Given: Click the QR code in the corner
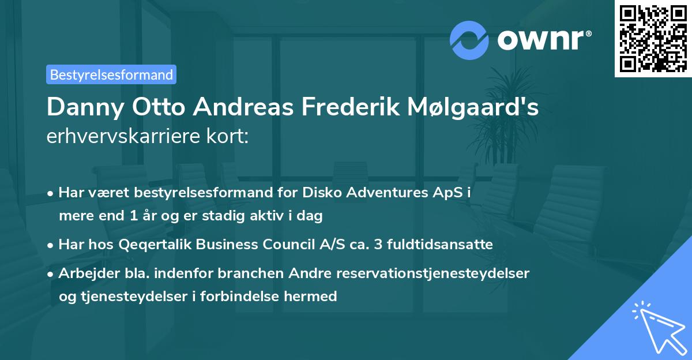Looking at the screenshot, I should pyautogui.click(x=652, y=39).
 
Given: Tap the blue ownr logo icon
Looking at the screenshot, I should pyautogui.click(x=469, y=40).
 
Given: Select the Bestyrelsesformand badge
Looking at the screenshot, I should pyautogui.click(x=111, y=74).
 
